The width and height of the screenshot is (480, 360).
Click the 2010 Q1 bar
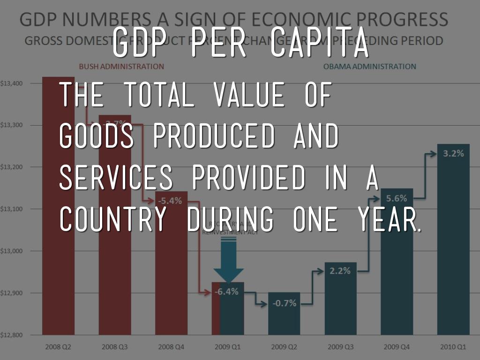coord(453,244)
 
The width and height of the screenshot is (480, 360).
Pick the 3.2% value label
coord(453,153)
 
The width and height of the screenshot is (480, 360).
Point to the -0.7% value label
coord(284,303)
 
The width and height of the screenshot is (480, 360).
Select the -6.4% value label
coord(227,292)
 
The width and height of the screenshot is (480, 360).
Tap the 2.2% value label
coord(340,270)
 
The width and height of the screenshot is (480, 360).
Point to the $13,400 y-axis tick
coord(11,83)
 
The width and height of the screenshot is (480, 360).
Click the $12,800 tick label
coord(11,335)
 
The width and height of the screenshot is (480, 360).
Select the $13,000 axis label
coord(11,251)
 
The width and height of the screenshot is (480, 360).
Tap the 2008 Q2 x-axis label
coord(59,347)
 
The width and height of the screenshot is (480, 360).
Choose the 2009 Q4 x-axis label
coord(397,347)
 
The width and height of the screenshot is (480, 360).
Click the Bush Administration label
coord(121,67)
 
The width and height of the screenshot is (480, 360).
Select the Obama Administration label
coord(369,67)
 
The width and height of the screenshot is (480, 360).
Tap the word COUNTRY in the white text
coord(113,219)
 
